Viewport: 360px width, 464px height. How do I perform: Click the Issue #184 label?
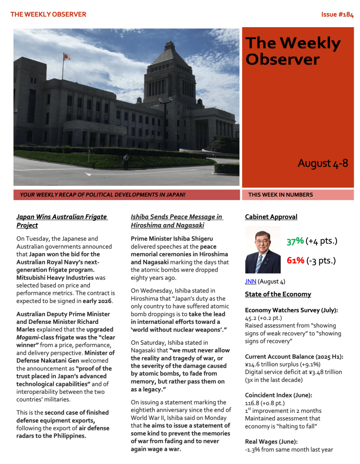[337, 14]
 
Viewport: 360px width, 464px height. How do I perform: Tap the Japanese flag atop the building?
[67, 57]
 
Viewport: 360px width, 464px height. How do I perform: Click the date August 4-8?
[322, 163]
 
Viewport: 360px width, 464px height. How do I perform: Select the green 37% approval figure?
[295, 241]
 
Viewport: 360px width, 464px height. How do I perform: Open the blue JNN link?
[251, 281]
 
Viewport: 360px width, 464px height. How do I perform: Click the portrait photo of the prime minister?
[263, 250]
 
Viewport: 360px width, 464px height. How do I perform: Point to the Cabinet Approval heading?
[271, 217]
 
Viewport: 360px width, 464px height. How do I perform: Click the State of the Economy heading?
[278, 294]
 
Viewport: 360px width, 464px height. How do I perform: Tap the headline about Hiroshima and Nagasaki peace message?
[176, 221]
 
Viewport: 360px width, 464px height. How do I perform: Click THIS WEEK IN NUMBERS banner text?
[281, 195]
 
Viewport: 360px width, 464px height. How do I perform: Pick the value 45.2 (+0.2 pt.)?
[264, 318]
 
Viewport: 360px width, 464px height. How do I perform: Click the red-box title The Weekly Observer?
[293, 51]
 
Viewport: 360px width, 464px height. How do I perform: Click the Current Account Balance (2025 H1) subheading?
[293, 357]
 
